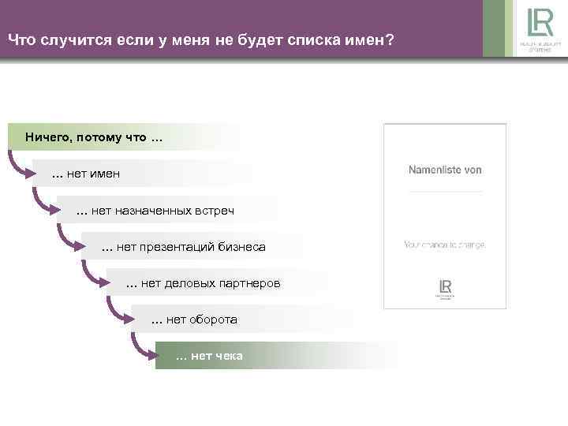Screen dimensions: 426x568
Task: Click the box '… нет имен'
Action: point(86,174)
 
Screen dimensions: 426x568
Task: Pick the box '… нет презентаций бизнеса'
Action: point(184,247)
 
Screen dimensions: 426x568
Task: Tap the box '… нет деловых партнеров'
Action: point(203,282)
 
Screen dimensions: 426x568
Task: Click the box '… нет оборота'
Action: point(193,319)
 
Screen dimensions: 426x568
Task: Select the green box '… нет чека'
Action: point(209,357)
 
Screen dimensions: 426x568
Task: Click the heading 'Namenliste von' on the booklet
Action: point(444,170)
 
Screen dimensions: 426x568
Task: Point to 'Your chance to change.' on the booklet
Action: point(444,245)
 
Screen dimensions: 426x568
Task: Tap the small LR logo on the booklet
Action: point(445,288)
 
